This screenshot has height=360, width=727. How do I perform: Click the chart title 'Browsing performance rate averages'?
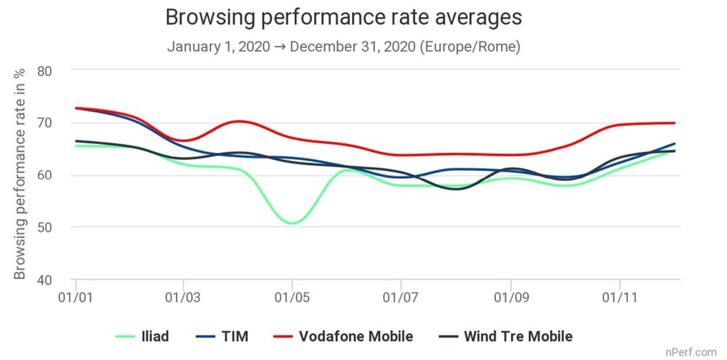343,17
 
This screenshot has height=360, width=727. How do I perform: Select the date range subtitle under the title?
343,47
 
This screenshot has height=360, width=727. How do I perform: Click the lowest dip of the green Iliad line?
292,223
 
